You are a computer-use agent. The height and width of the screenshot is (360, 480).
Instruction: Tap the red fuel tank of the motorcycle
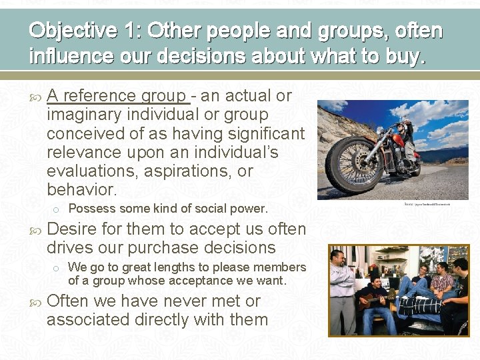coord(397,139)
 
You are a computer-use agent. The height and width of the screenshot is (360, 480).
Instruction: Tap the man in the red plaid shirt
coord(441,283)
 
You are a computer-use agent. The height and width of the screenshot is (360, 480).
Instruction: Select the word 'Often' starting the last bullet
coord(68,301)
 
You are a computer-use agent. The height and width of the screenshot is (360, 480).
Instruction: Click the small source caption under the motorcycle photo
coord(427,204)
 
